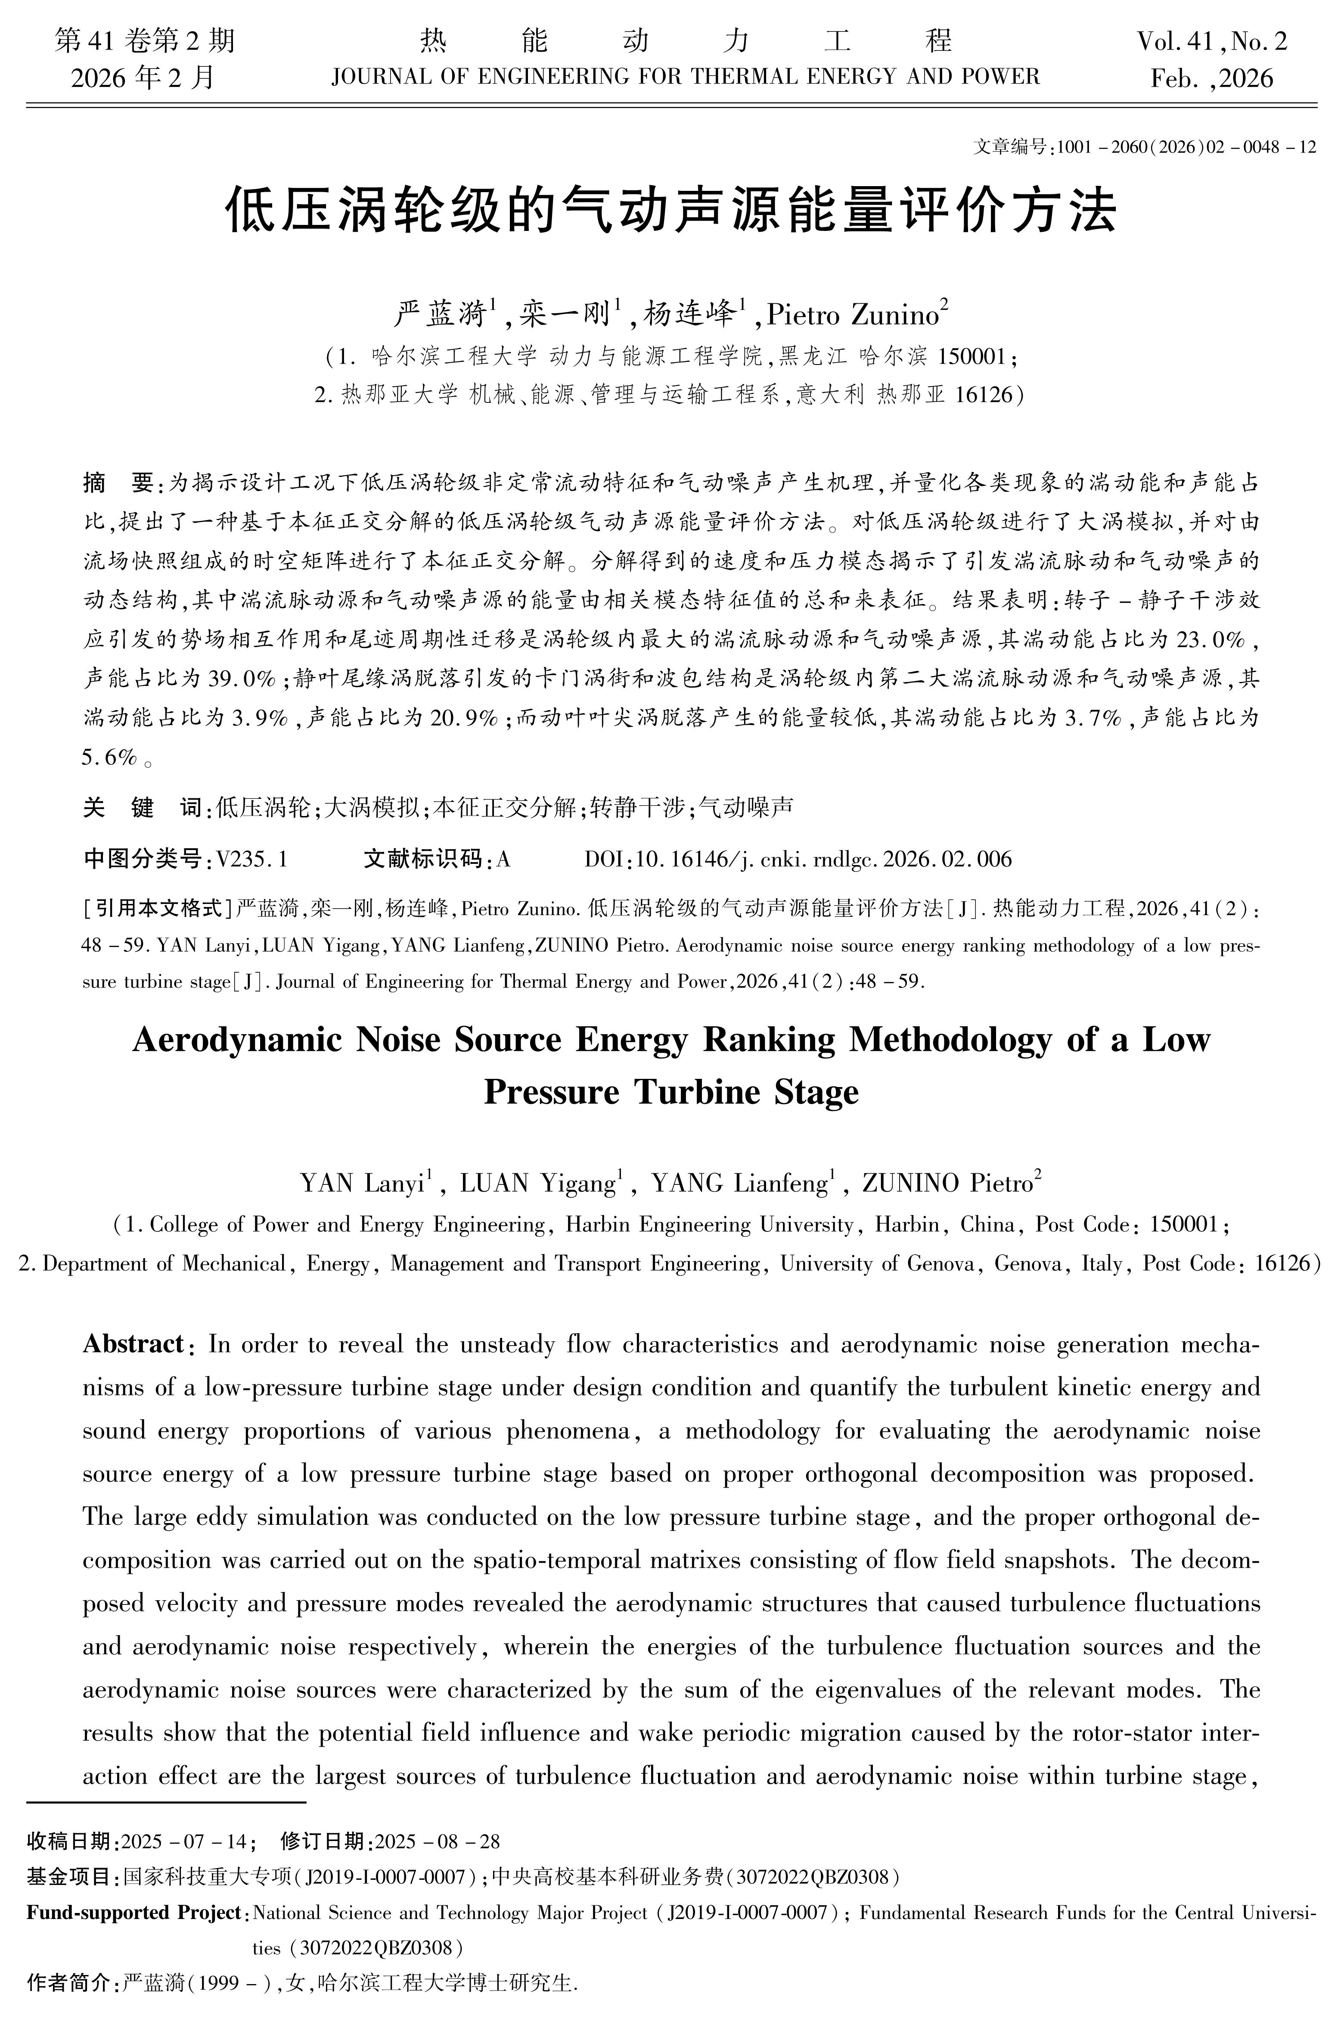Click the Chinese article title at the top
(671, 210)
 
